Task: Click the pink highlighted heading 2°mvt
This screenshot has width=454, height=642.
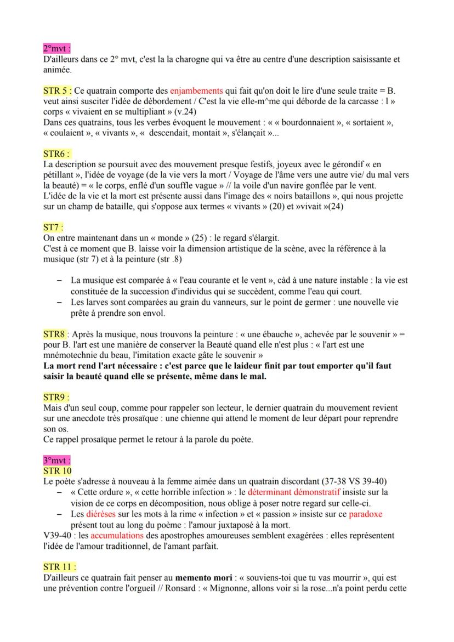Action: pyautogui.click(x=56, y=48)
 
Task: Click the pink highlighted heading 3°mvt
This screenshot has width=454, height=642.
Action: pyautogui.click(x=56, y=460)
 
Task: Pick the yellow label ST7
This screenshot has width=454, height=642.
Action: pyautogui.click(x=53, y=226)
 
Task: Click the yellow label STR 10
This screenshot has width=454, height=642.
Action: pyautogui.click(x=57, y=470)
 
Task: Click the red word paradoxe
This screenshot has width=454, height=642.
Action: pyautogui.click(x=366, y=514)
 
